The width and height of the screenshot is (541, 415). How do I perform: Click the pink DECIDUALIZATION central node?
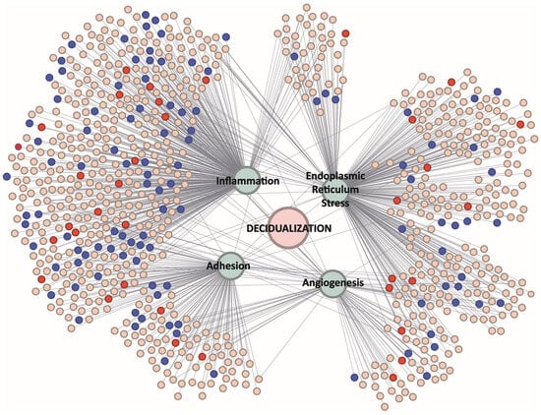[288, 228]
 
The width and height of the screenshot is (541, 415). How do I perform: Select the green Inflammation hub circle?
[247, 180]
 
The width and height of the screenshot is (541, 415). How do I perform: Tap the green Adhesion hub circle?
[230, 266]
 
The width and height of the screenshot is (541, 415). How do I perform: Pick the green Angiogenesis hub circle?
[332, 283]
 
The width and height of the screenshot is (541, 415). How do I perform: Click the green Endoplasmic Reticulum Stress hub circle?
[335, 191]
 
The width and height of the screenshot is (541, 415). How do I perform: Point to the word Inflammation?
[248, 181]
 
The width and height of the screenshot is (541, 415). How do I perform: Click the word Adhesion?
[228, 266]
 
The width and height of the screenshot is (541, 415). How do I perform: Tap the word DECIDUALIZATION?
[289, 228]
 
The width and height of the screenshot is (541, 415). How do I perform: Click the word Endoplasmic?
[335, 176]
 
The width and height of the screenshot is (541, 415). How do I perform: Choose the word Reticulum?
[335, 190]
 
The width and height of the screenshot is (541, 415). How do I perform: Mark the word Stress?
[335, 203]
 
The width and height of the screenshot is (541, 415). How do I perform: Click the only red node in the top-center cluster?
[345, 33]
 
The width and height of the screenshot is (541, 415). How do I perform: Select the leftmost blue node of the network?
[7, 176]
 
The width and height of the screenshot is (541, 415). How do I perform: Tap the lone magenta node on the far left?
[19, 147]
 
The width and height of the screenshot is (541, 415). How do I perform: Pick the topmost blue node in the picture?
[146, 15]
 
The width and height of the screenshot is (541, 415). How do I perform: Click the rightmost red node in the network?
[520, 124]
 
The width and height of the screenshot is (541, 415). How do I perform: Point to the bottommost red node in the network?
[393, 377]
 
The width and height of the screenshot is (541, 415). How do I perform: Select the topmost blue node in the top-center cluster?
[294, 56]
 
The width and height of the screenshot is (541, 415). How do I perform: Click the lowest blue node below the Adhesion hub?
[213, 374]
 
